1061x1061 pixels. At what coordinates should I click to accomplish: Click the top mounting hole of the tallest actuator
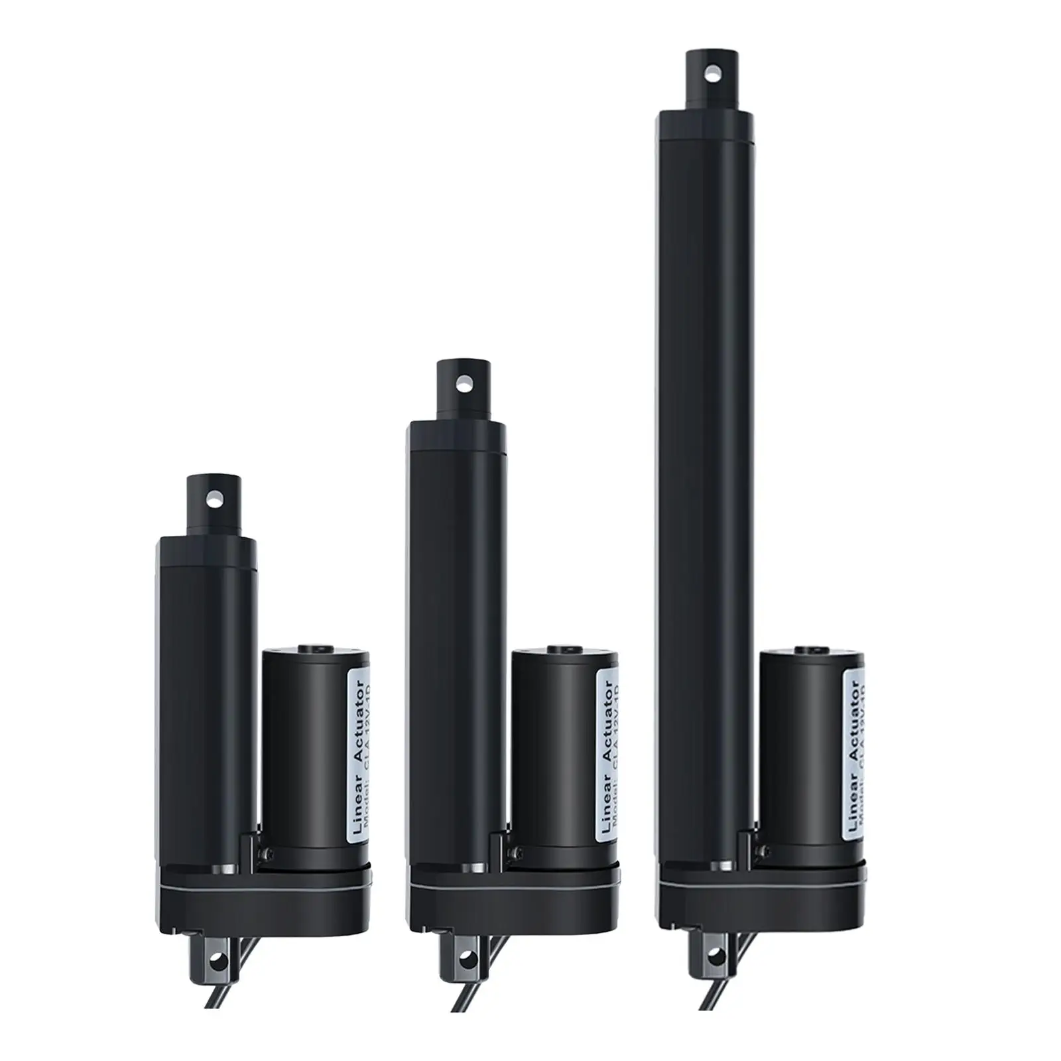pos(712,71)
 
